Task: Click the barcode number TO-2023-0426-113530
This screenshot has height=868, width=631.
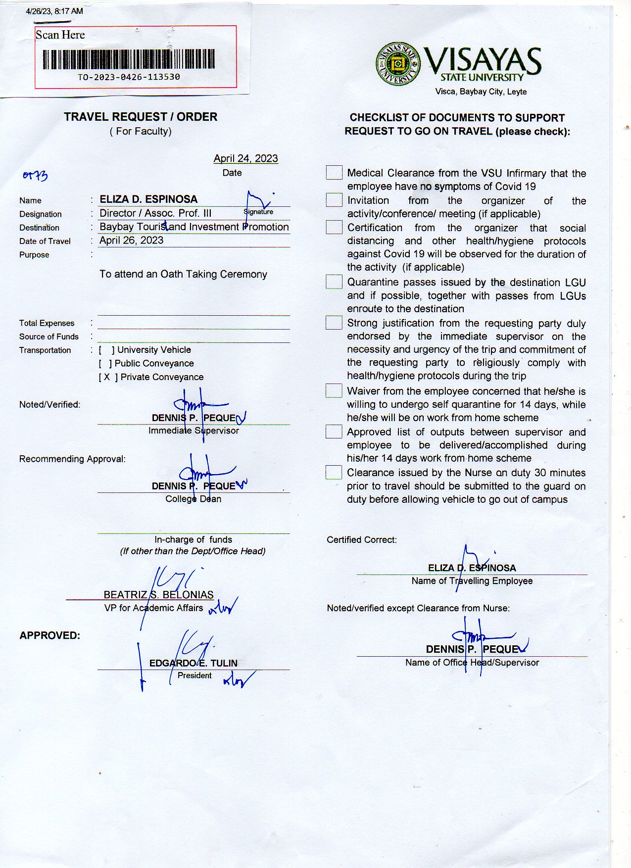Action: point(129,77)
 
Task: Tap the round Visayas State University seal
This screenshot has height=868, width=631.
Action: point(398,63)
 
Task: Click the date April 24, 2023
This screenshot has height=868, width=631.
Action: point(245,158)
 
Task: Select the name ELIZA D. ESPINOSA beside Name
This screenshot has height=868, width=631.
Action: point(148,199)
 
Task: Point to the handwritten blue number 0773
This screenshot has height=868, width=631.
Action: point(35,176)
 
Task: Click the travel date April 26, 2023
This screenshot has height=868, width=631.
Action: point(131,241)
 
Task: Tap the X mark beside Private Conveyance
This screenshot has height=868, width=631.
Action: point(107,377)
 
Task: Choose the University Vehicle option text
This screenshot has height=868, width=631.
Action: point(154,350)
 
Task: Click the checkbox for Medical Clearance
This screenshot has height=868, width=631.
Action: point(334,173)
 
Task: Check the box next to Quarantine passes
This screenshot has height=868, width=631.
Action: point(334,282)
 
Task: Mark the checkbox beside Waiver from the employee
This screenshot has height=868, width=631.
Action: point(334,391)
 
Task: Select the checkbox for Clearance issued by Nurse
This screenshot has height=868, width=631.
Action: point(334,473)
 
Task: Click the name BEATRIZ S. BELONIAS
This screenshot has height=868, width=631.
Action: point(158,595)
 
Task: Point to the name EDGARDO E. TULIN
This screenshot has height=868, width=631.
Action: point(194,663)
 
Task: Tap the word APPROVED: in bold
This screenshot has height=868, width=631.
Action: point(49,635)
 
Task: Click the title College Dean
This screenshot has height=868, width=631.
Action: point(194,499)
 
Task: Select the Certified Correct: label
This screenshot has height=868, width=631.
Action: point(362,540)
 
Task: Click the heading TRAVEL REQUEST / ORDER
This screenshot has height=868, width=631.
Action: point(141,117)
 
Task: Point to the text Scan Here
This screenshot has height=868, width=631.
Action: point(60,35)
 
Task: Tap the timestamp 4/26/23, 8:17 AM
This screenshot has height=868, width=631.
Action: point(54,11)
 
